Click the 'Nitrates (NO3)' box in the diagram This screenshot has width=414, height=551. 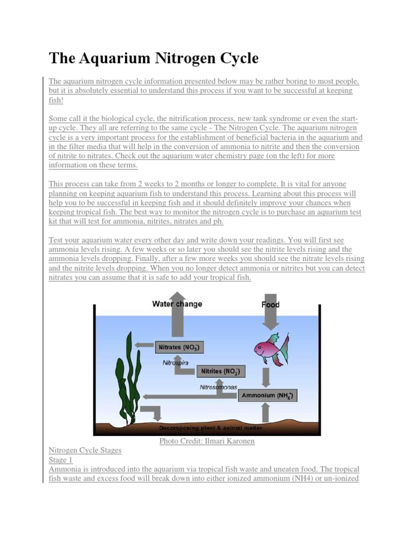click(179, 348)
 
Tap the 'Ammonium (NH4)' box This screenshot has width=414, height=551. click(267, 396)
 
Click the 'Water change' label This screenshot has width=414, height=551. click(177, 304)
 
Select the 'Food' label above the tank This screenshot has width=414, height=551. click(271, 305)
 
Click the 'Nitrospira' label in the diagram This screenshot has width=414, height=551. click(176, 363)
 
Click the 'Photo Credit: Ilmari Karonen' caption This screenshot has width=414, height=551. click(207, 441)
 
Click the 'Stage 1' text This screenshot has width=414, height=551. click(60, 460)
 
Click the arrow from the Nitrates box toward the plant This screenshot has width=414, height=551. click(143, 348)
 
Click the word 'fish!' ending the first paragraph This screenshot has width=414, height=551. click(56, 101)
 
